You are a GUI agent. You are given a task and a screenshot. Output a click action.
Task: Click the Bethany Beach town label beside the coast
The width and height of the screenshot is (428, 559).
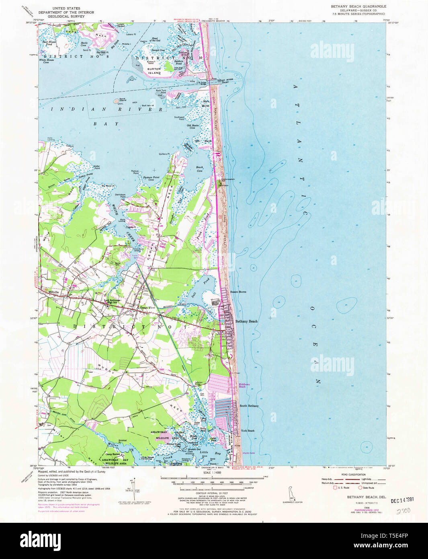pyautogui.click(x=246, y=321)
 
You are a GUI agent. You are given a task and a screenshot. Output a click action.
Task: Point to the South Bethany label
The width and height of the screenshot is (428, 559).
pyautogui.click(x=249, y=406)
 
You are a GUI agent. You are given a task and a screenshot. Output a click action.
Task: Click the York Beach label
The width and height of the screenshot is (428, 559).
pyautogui.click(x=248, y=431)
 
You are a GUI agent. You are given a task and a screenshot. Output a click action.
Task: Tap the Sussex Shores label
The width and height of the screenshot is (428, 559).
pyautogui.click(x=238, y=292)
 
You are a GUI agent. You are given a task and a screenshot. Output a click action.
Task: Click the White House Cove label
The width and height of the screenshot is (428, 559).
pyautogui.click(x=49, y=62)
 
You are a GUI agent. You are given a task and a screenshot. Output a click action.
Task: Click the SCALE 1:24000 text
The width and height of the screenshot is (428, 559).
pyautogui.click(x=214, y=472)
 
